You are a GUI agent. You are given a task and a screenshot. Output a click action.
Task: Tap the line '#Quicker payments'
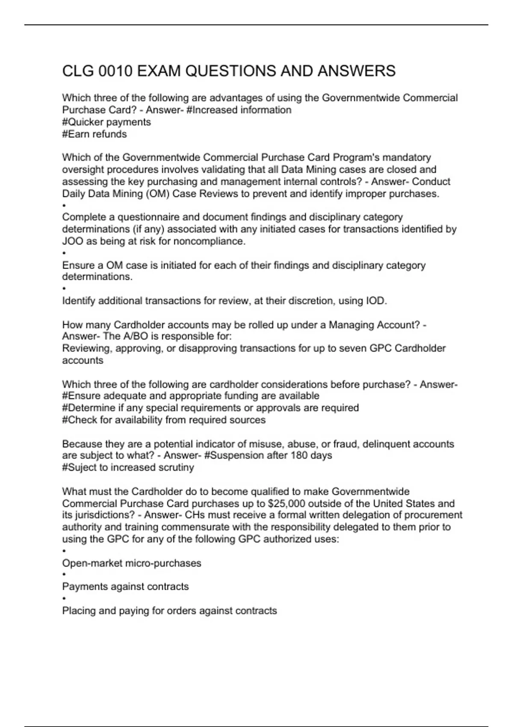(x=106, y=122)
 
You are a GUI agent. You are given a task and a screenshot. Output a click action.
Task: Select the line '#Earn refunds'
(x=94, y=134)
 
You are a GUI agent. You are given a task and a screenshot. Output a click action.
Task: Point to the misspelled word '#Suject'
(x=79, y=467)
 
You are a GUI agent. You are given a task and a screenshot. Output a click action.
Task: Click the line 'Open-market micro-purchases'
(x=132, y=563)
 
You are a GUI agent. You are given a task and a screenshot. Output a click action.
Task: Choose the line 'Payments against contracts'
(x=125, y=586)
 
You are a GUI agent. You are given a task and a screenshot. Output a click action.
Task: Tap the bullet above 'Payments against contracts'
(x=64, y=575)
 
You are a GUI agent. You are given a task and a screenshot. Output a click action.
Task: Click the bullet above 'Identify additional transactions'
(x=64, y=289)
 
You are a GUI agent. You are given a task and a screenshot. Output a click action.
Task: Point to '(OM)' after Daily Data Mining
(x=158, y=194)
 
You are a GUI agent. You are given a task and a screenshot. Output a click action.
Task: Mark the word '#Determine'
(x=89, y=408)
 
